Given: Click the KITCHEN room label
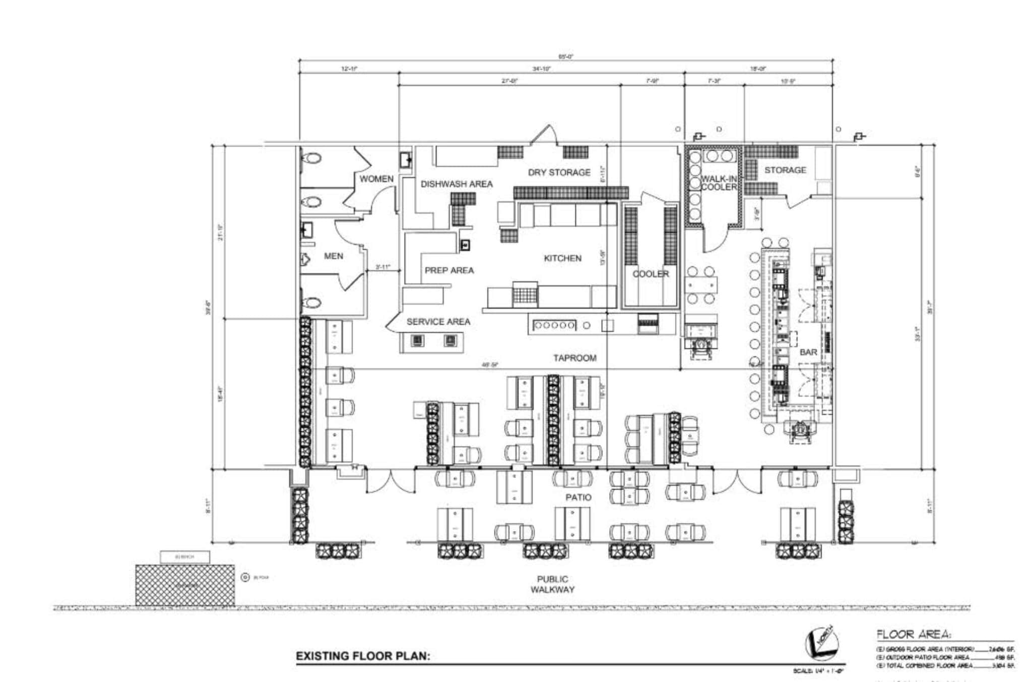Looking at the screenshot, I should coord(562,258).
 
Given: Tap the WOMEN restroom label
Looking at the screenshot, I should coord(376,179).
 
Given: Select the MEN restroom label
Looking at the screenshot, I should coord(334,256).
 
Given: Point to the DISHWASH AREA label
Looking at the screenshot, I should coord(457,184).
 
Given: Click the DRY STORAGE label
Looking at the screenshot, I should coord(559,173).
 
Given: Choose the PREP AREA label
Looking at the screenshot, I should coord(449,270).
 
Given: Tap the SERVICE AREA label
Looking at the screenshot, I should coord(438,322).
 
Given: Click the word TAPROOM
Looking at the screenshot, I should coord(574,358).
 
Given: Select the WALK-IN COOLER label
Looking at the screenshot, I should coord(719,183).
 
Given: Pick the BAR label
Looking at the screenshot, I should coord(808,352).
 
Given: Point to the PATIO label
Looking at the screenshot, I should coord(578,497).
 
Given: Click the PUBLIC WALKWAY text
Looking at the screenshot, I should coord(552,584).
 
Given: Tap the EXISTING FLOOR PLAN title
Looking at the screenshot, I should coord(363,656).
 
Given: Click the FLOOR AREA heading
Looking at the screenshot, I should coord(913,635).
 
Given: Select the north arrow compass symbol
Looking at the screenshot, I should coord(822,643).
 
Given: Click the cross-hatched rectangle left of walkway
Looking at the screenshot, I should coord(184,585).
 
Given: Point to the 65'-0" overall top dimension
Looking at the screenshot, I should coord(566,57).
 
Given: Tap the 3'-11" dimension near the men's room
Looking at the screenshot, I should coord(382,267).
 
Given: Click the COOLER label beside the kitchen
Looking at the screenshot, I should coord(651,274).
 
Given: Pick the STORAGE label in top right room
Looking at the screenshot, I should coord(785,170).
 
